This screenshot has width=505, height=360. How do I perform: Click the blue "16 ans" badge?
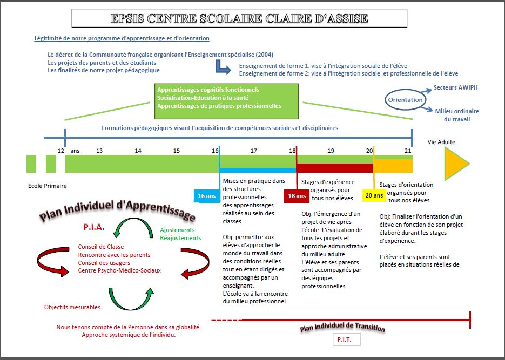(207, 196)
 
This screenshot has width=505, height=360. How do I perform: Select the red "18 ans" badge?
(297, 196)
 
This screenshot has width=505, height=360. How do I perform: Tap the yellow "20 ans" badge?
(374, 195)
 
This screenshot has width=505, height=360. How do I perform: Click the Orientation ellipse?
(406, 100)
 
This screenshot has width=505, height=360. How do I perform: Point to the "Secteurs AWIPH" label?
(455, 87)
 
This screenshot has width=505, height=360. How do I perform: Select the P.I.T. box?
(347, 339)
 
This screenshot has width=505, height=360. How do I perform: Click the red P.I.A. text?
(94, 227)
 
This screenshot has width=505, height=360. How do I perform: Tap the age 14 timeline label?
(138, 151)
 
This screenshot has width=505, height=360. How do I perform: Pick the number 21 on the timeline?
(408, 151)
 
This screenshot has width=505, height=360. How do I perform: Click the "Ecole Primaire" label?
(48, 186)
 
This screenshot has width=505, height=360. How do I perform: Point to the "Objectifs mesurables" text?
(72, 307)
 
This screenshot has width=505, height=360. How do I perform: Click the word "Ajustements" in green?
(178, 230)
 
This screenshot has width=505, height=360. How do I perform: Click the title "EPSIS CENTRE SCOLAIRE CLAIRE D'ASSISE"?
(239, 18)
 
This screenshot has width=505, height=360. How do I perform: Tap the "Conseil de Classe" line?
(101, 247)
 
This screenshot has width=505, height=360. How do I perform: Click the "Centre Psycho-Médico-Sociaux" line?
(119, 270)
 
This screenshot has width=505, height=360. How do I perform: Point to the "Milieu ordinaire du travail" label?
(457, 115)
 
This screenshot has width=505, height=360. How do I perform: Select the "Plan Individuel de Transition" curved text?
(342, 327)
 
